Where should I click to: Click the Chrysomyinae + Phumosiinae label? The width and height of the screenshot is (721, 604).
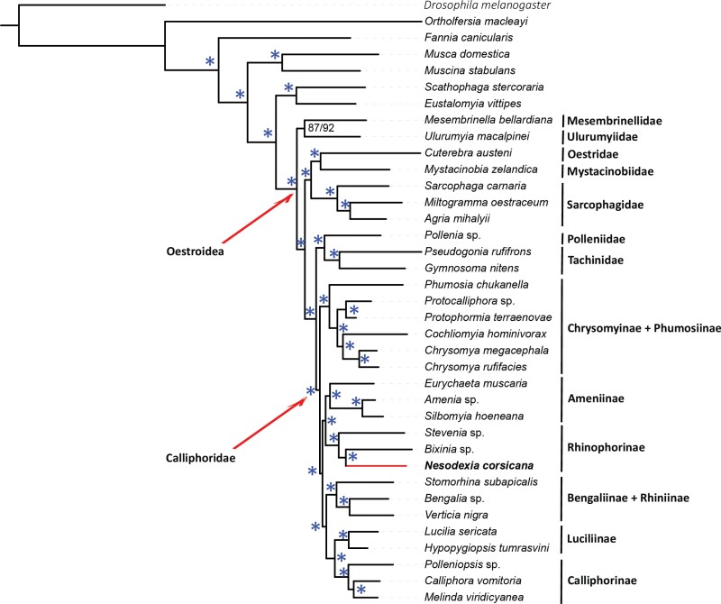(x=643, y=327)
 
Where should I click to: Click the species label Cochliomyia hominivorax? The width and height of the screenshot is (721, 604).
(x=482, y=334)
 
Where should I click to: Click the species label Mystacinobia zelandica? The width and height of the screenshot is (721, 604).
(x=476, y=169)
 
